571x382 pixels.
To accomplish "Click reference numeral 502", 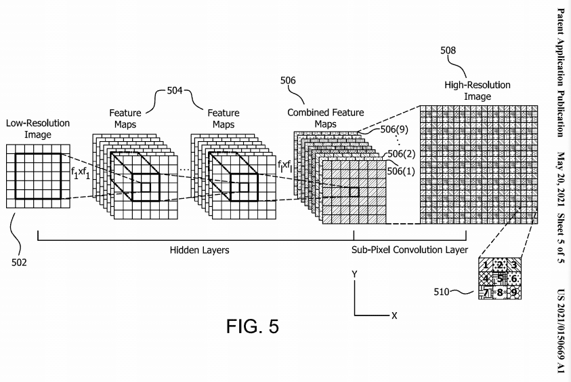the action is click(x=19, y=263).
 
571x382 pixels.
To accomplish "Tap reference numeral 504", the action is click(x=175, y=90).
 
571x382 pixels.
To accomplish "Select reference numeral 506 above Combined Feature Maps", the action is click(x=288, y=80).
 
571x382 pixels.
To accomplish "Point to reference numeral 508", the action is click(x=448, y=50).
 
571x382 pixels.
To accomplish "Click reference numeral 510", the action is click(x=442, y=292).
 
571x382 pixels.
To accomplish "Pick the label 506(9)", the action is click(x=394, y=130).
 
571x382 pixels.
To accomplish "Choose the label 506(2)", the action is click(x=401, y=154).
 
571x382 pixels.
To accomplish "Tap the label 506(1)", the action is click(x=401, y=171).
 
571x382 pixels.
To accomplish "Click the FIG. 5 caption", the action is click(x=253, y=326).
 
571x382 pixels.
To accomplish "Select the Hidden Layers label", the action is click(x=200, y=250).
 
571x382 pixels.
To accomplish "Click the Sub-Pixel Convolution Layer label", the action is click(x=410, y=250).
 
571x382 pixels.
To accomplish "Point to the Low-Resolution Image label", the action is click(x=38, y=129).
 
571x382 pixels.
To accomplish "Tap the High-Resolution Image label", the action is click(x=478, y=91).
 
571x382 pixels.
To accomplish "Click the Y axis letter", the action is click(x=354, y=274).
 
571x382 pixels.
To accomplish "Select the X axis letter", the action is click(x=394, y=316).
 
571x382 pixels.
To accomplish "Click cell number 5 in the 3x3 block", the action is click(x=500, y=279).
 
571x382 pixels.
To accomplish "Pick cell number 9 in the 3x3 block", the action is click(x=514, y=292).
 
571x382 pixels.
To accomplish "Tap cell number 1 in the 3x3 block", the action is click(x=486, y=265).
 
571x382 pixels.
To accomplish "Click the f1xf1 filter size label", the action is click(x=80, y=172).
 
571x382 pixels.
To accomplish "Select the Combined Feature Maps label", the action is click(x=326, y=118).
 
